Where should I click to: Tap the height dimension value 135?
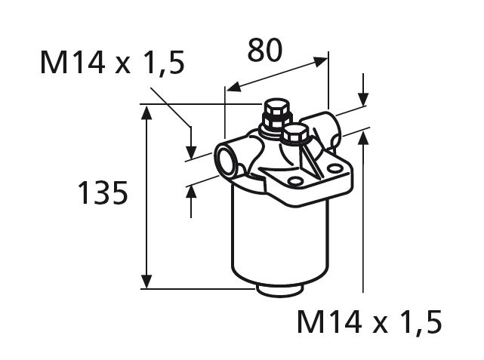[102, 194]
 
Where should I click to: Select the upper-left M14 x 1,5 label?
[112, 64]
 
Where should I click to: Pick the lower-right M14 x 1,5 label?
[368, 322]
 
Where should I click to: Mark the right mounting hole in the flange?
[333, 168]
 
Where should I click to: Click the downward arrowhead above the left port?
[191, 145]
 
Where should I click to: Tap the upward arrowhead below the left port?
[191, 192]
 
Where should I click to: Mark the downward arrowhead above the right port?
[363, 99]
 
